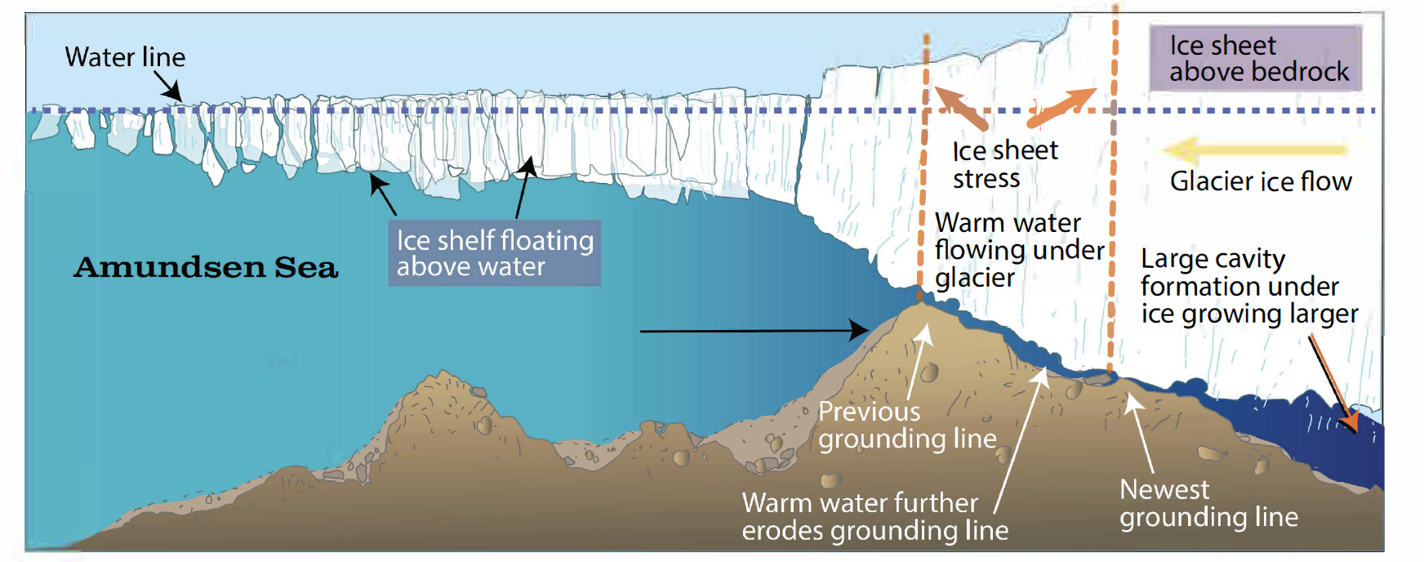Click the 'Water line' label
click(x=125, y=57)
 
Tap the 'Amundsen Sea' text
click(x=206, y=267)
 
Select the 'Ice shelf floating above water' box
click(x=495, y=253)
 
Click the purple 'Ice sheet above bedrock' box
click(x=1256, y=58)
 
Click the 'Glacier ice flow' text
click(x=1260, y=181)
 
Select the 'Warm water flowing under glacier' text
click(x=1018, y=250)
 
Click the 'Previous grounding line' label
click(x=906, y=425)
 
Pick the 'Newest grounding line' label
click(x=1208, y=503)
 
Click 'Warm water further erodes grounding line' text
click(x=874, y=516)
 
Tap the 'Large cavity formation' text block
click(x=1248, y=286)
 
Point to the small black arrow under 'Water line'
click(x=168, y=87)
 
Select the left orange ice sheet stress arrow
click(x=960, y=108)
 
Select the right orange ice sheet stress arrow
click(x=1061, y=107)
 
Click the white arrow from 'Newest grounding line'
click(x=1141, y=433)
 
